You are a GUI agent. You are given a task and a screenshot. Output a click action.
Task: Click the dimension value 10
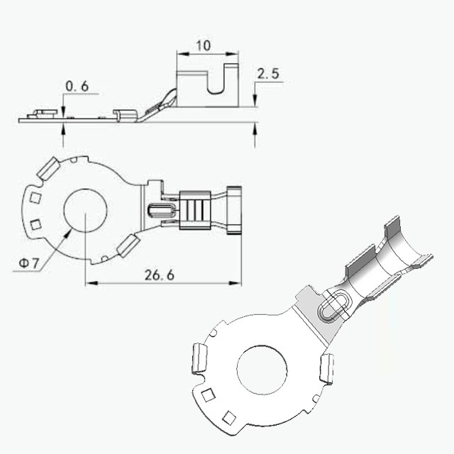(204, 45)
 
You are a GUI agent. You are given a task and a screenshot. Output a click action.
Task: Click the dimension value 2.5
(268, 74)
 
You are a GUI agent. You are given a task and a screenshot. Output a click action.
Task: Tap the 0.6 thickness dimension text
(77, 87)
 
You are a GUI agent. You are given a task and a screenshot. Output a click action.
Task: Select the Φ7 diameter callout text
(28, 263)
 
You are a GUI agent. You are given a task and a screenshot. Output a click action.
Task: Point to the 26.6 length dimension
(160, 275)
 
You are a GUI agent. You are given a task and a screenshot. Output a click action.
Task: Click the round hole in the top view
(85, 211)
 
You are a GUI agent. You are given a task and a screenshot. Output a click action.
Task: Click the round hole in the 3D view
(262, 370)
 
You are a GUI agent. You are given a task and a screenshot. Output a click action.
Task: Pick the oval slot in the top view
(161, 211)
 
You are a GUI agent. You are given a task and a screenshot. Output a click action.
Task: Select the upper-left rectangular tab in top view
(48, 168)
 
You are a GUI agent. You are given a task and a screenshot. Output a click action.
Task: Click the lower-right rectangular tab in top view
(128, 246)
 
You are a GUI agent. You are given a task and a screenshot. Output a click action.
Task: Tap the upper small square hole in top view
(35, 198)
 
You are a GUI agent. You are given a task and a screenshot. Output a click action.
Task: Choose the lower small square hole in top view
(35, 225)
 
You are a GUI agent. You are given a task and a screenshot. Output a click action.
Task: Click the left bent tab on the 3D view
(200, 358)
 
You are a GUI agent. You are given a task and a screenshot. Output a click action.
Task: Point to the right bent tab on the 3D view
(327, 368)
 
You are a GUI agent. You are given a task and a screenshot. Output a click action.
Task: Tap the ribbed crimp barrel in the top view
(195, 211)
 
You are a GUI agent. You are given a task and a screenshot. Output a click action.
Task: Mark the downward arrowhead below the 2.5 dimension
(255, 100)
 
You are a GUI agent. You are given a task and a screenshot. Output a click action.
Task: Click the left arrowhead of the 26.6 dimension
(92, 283)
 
